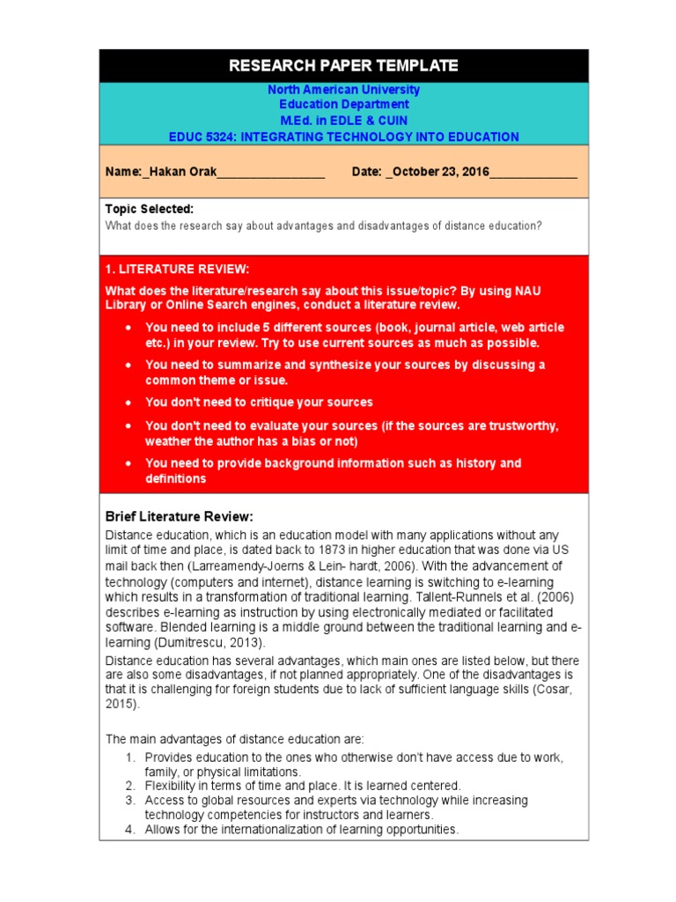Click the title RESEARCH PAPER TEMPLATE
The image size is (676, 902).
343,65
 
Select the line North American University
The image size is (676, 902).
343,90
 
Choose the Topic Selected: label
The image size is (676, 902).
149,209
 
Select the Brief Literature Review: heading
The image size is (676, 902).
180,516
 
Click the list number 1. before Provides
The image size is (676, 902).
129,758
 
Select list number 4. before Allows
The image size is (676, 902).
129,830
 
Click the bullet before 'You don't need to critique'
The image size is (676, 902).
129,403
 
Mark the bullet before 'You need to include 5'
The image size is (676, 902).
129,328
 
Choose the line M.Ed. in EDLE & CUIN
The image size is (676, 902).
343,121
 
